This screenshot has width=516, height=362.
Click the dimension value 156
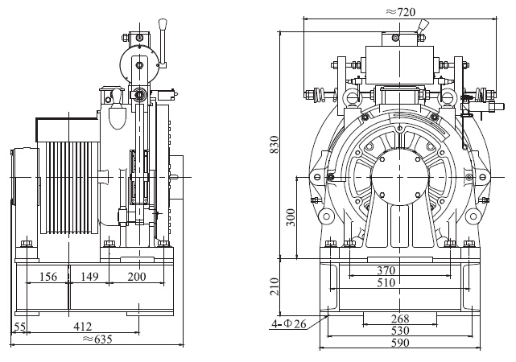[47, 278]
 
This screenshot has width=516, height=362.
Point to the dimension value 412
[82, 326]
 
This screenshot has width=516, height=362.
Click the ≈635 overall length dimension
[92, 339]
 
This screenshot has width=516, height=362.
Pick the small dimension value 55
[21, 326]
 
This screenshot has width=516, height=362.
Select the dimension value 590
[399, 343]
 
